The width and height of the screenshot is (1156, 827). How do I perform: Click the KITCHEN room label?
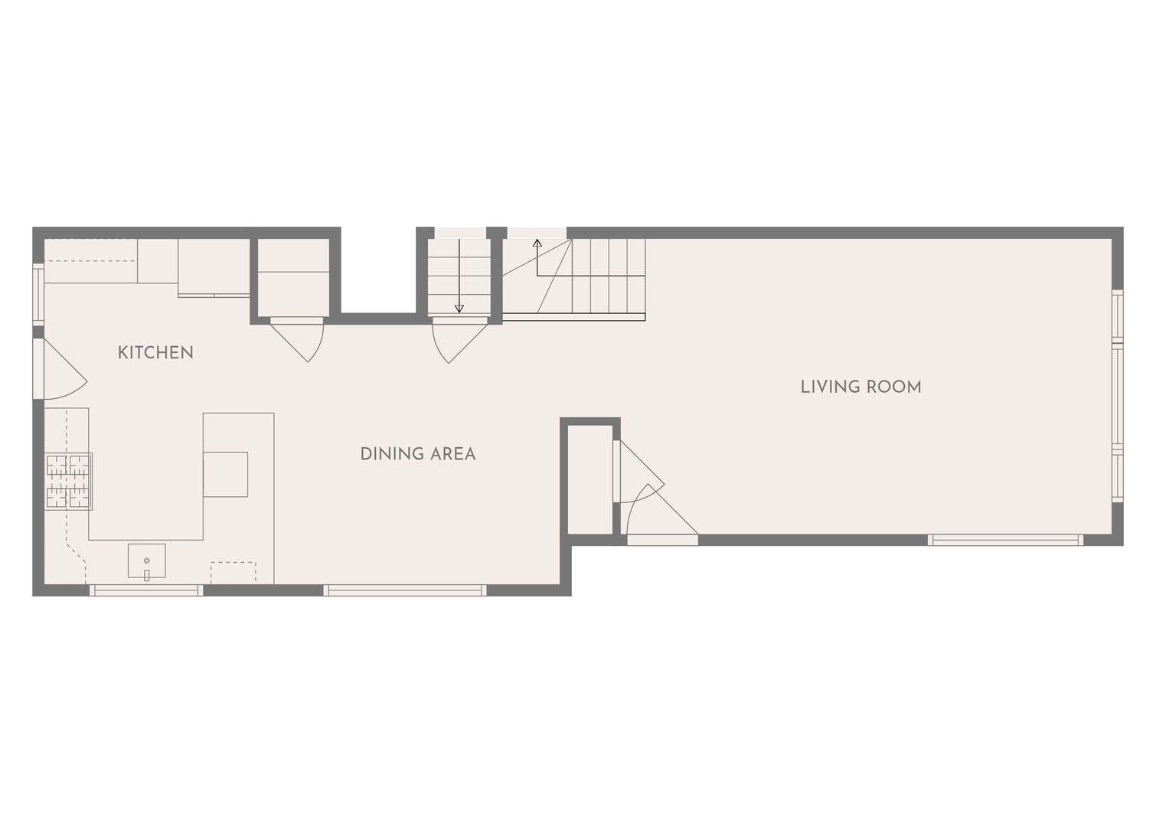(x=155, y=352)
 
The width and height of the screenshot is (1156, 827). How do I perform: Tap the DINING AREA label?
(x=418, y=454)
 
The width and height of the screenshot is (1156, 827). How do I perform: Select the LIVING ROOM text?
(x=860, y=387)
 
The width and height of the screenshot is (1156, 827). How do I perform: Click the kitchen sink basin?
(x=147, y=561)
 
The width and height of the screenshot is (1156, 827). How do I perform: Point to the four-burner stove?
(x=69, y=481)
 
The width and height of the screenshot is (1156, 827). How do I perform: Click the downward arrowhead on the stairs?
(x=459, y=309)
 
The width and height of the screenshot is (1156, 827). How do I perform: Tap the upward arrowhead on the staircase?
(x=537, y=244)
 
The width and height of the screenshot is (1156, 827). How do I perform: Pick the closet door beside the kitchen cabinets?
(x=297, y=340)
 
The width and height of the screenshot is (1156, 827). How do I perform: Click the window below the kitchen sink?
(x=146, y=590)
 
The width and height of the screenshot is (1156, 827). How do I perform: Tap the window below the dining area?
(x=405, y=590)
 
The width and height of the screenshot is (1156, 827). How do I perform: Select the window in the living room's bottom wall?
(x=1005, y=540)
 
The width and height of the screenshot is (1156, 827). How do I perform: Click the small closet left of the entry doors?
(x=590, y=479)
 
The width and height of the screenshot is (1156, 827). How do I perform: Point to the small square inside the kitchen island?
(x=226, y=475)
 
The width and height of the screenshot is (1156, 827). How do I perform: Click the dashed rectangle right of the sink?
(x=233, y=573)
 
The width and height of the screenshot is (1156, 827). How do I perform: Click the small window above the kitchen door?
(x=39, y=294)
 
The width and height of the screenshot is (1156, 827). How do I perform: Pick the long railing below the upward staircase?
(x=574, y=317)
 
